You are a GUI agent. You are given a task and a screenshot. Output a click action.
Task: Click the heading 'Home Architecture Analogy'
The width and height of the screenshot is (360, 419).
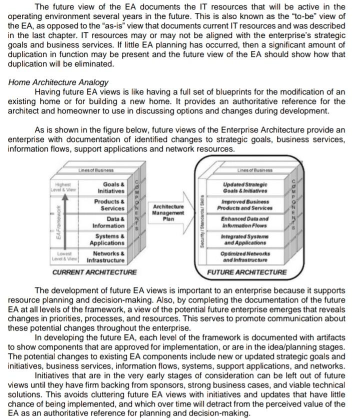click(58, 82)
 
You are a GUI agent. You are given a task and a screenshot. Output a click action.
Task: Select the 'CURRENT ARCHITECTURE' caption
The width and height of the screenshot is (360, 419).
click(94, 272)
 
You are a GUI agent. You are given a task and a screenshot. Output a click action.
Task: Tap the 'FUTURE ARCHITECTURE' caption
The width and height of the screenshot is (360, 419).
click(248, 272)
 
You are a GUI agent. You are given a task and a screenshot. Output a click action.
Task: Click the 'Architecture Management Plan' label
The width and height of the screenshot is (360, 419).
click(167, 211)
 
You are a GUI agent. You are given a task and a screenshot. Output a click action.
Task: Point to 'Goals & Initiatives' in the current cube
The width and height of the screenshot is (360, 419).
click(111, 187)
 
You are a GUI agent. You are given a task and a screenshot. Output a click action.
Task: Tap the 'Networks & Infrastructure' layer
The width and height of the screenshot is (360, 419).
click(105, 257)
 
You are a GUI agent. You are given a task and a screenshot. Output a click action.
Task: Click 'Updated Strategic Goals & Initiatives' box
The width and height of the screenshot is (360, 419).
click(245, 187)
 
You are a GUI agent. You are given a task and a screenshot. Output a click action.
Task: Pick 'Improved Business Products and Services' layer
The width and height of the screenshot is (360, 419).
click(245, 205)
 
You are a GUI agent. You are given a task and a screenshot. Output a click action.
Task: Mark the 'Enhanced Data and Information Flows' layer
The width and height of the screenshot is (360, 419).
click(245, 222)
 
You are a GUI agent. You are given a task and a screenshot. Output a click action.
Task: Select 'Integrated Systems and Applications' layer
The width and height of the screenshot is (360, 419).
click(245, 239)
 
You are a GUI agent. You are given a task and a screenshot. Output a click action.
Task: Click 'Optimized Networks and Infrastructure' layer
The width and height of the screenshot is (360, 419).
click(245, 257)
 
